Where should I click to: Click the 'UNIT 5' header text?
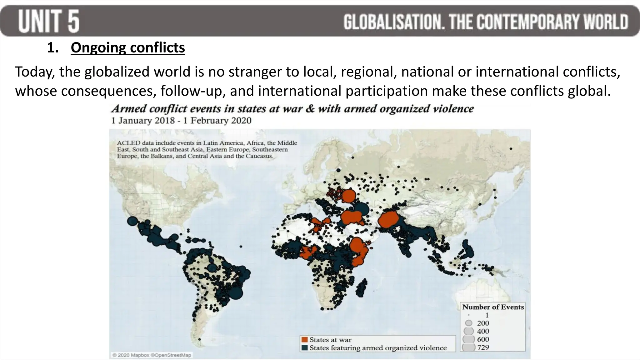coord(49,21)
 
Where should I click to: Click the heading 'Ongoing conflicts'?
coord(128,48)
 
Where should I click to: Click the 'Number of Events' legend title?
coord(493,307)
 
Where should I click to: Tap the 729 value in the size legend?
coord(483,347)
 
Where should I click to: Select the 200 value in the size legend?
coord(483,323)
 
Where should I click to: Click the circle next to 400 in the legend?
coord(469,331)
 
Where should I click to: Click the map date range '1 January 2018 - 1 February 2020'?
coord(181,121)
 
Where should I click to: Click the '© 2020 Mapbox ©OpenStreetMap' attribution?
coord(152,355)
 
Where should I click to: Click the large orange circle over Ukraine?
coord(349,196)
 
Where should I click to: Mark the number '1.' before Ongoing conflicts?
coord(53,48)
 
